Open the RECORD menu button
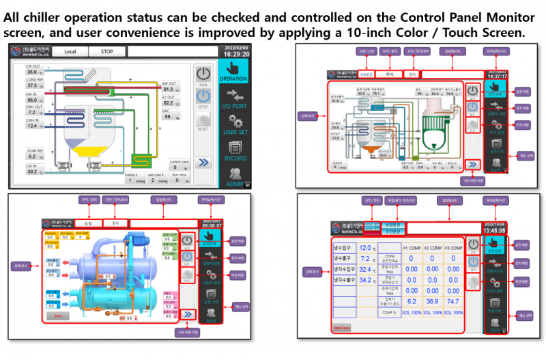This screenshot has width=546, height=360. click(x=233, y=151)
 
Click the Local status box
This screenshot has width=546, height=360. click(x=70, y=51)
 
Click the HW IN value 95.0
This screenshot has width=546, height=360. click(x=33, y=100)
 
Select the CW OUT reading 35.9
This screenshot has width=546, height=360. click(x=33, y=72)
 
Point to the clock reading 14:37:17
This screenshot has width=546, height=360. click(x=496, y=76)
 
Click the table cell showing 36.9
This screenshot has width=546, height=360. click(x=431, y=301)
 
